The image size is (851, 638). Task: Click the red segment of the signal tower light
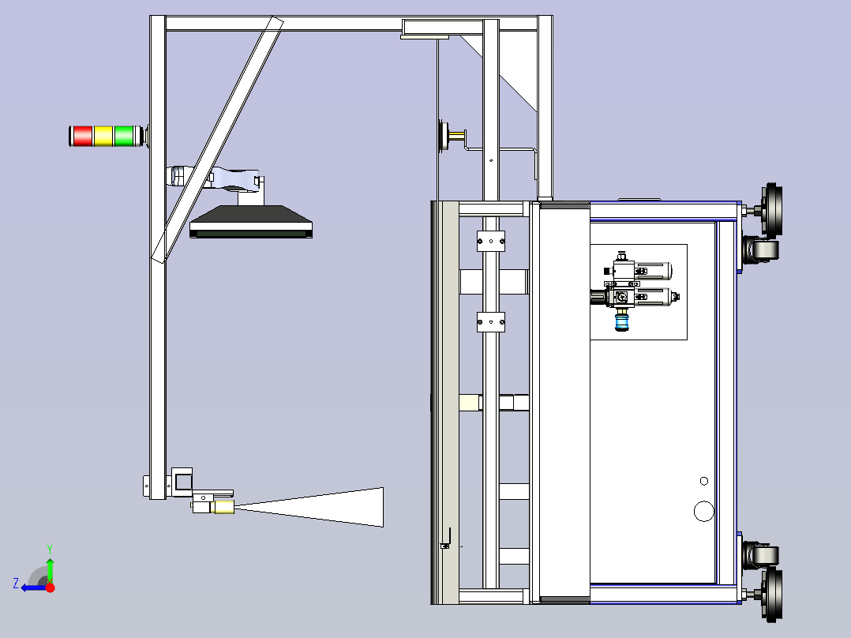click(82, 136)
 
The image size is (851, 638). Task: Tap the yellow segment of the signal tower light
click(103, 136)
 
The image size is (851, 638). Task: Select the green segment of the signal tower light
click(124, 136)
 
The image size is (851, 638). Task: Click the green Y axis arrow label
click(50, 549)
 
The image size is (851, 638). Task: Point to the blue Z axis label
click(16, 584)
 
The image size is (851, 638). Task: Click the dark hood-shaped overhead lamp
click(251, 222)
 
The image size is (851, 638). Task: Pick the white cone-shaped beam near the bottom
click(309, 507)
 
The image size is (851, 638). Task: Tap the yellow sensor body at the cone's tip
click(223, 507)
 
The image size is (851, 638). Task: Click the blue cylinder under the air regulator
click(621, 322)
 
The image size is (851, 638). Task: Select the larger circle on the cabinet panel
click(704, 512)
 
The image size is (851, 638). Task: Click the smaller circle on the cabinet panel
click(704, 481)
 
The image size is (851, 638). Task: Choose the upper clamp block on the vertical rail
click(491, 241)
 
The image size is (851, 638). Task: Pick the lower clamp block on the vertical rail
click(491, 322)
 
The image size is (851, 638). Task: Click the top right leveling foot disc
click(773, 209)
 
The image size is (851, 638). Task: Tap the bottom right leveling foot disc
click(773, 595)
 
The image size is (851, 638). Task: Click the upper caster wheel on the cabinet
click(761, 250)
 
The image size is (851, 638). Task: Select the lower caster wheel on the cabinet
click(761, 555)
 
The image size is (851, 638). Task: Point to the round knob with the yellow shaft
click(444, 135)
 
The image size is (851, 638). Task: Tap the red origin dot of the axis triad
click(50, 587)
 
